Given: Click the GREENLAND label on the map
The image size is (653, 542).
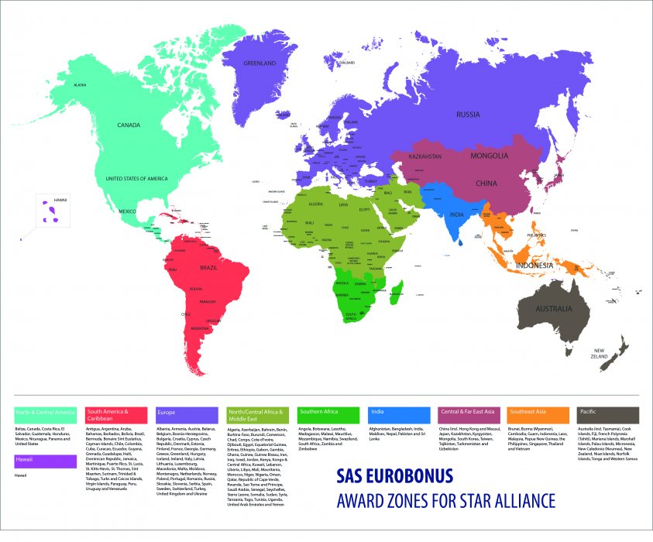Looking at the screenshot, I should pos(259,63).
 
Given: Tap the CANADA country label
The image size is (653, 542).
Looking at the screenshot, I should pos(128,125).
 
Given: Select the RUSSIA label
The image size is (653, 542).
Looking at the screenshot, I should pos(468,115).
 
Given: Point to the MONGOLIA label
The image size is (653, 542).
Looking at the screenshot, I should pos(490,156).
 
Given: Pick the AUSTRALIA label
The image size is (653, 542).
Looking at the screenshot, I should pos(548,309).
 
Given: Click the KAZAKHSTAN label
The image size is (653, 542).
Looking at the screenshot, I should pos(424,156).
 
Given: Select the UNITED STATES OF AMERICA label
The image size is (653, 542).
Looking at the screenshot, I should pos(136,179).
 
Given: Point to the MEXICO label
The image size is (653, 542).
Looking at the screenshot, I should pos(127,211).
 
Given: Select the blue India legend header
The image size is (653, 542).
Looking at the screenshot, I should pos(398,413).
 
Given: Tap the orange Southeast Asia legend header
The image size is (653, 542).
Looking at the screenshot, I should pos(538,413).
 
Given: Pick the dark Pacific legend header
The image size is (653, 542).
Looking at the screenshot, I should pos(609,413).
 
